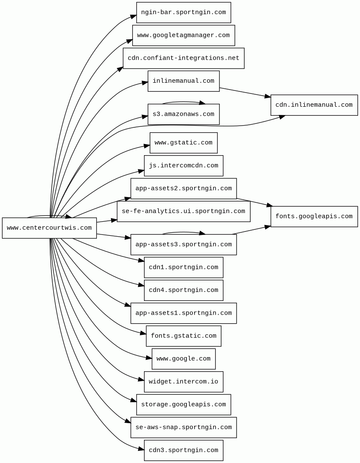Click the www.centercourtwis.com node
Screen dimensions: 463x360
[x=49, y=228]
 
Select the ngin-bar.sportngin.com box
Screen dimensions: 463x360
[x=183, y=12]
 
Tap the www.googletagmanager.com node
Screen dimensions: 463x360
[x=183, y=35]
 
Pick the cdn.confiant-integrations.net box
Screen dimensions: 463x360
[x=183, y=58]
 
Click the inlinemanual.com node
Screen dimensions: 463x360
[x=183, y=81]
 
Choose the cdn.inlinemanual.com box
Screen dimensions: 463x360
[x=314, y=105]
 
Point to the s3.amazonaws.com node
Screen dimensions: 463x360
[x=183, y=114]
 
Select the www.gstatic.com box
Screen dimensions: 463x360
[x=183, y=143]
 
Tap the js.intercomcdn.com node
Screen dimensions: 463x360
[x=183, y=165]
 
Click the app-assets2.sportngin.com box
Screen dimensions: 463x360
[x=183, y=189]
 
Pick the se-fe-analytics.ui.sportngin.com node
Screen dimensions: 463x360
[x=183, y=211]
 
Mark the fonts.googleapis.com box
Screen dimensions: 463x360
[x=314, y=216]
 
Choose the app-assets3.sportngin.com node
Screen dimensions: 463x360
[x=183, y=245]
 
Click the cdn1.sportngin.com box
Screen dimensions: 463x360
[x=183, y=268]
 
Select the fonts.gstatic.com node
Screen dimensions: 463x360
[x=183, y=336]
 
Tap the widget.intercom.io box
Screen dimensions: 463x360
[x=183, y=382]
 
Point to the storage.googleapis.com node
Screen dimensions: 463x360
[x=183, y=405]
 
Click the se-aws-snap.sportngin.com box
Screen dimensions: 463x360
[x=183, y=427]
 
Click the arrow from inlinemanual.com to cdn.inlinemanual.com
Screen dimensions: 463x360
[x=245, y=93]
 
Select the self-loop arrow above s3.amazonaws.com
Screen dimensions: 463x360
[x=183, y=102]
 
